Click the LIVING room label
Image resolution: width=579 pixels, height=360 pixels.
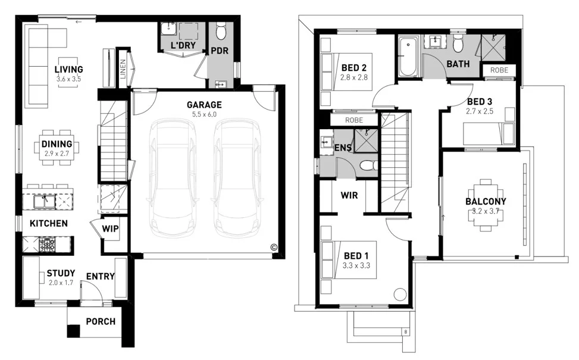[x=68, y=70]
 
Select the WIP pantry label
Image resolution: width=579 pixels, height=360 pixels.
[x=109, y=228]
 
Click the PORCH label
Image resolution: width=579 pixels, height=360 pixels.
[x=101, y=322]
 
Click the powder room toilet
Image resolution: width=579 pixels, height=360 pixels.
[x=221, y=31]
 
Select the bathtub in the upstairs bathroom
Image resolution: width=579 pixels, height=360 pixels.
[x=409, y=57]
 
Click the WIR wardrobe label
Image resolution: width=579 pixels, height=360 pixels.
[x=349, y=195]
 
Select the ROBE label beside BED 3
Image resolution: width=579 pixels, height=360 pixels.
[x=499, y=70]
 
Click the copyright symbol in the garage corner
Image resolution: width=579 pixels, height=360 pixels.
[x=274, y=247]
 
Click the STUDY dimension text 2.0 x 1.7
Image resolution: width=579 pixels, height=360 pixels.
[x=60, y=283]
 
